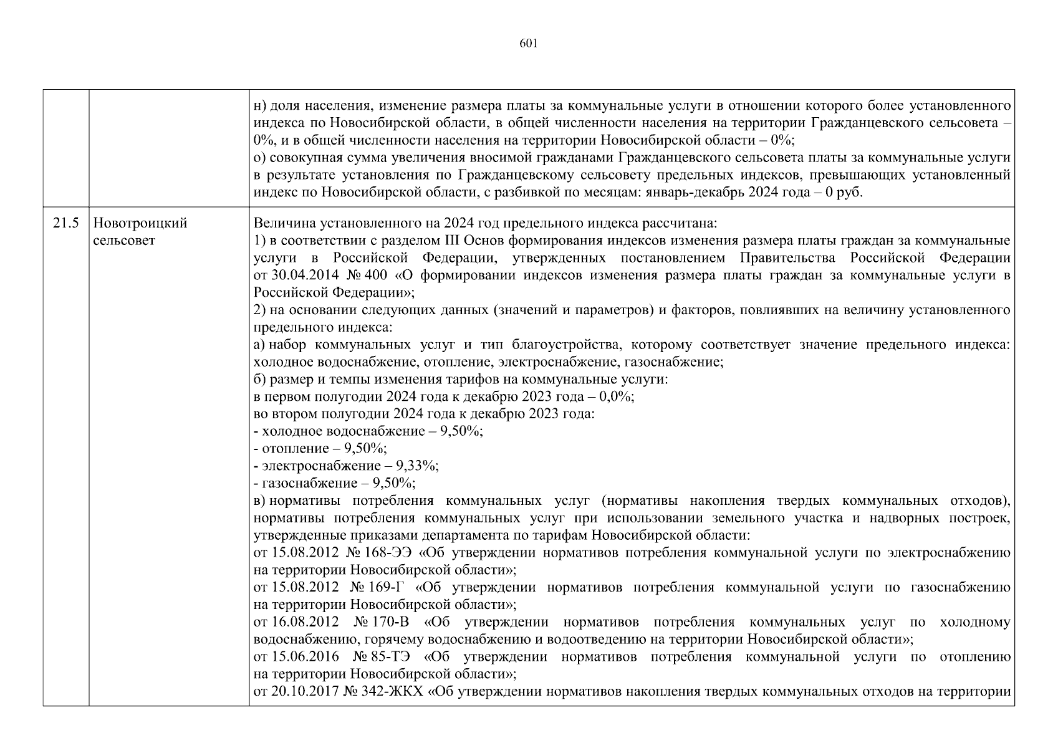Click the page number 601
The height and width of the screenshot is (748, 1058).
(528, 43)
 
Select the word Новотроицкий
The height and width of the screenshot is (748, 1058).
(140, 223)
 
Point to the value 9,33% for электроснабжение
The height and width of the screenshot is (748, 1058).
(416, 466)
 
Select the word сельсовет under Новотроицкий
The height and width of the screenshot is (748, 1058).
(123, 241)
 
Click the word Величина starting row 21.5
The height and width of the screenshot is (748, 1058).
(279, 223)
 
